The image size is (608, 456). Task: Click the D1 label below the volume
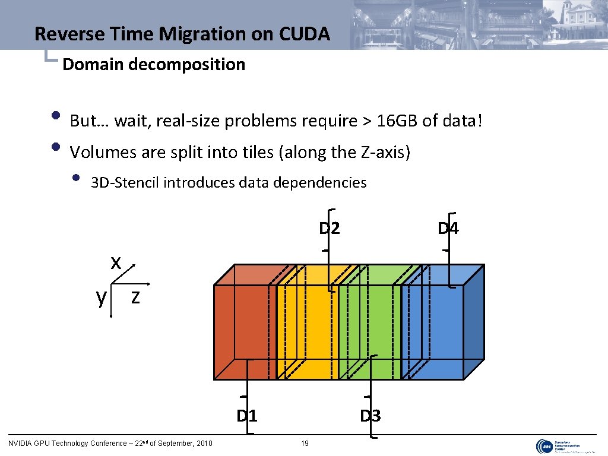246,415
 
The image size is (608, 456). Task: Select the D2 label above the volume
330,228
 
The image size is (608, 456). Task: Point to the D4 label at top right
448,228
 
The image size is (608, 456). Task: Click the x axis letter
116,262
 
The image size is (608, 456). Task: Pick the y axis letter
102,297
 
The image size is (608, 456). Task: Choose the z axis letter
135,296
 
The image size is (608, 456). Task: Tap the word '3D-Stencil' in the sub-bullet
125,182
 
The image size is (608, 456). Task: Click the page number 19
305,443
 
